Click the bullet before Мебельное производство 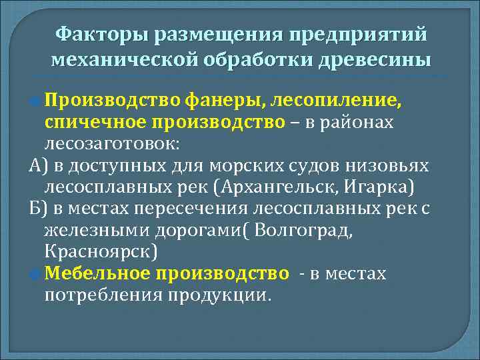[37, 273]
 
